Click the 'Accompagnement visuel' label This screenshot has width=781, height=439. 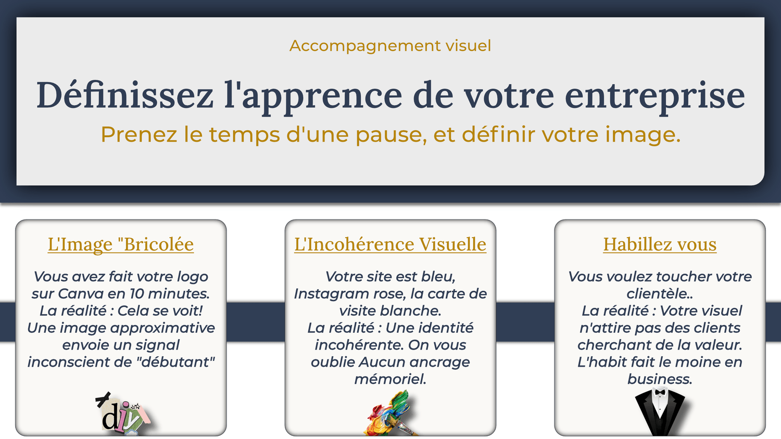390,46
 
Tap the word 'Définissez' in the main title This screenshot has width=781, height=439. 124,95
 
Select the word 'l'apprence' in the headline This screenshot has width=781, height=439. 313,96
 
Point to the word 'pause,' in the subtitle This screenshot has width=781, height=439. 391,135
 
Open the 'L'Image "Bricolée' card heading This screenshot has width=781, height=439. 121,244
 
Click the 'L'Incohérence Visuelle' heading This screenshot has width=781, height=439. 390,244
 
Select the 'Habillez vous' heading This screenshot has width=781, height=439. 660,244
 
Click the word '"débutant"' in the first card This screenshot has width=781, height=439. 175,362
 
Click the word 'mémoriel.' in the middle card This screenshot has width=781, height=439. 390,379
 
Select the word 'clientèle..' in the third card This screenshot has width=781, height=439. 660,294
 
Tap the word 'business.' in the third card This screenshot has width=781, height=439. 660,379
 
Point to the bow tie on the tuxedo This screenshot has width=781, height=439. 660,392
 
